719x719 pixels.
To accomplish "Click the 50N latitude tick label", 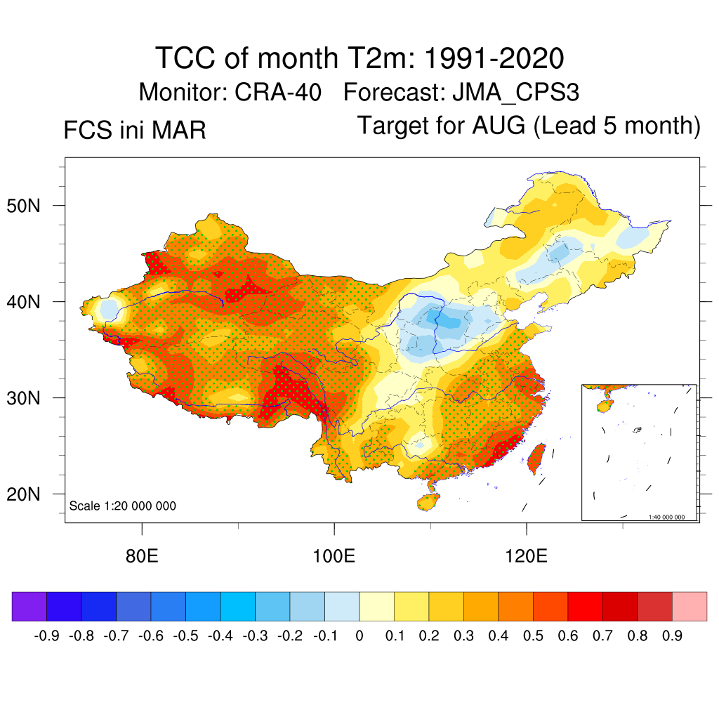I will pyautogui.click(x=33, y=206).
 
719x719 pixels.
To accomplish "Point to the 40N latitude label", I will pyautogui.click(x=33, y=303).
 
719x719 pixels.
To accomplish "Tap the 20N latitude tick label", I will pyautogui.click(x=33, y=494).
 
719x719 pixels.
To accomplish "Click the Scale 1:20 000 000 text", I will pyautogui.click(x=123, y=506).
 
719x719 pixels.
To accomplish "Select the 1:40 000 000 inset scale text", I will pyautogui.click(x=671, y=517).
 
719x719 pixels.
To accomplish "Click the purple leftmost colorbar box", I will pyautogui.click(x=29, y=607).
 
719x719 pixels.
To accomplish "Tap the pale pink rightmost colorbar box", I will pyautogui.click(x=690, y=607).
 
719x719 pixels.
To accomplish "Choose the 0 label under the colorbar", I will pyautogui.click(x=359, y=636).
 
